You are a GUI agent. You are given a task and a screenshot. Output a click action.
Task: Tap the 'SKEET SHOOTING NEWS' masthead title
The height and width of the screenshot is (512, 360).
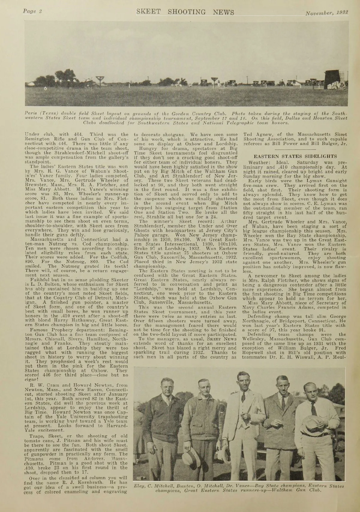coord(185,12)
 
